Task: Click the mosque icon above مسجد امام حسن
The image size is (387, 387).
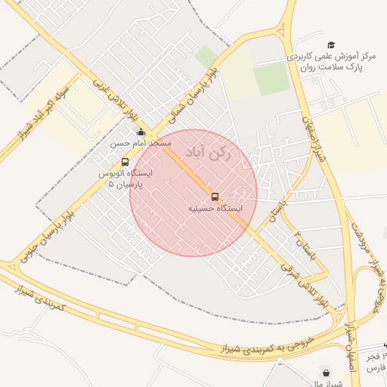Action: pyautogui.click(x=141, y=133)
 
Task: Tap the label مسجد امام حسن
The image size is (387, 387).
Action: pyautogui.click(x=141, y=143)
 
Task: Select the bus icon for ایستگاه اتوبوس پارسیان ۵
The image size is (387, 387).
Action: pyautogui.click(x=125, y=162)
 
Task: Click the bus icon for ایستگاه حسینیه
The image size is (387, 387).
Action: pyautogui.click(x=215, y=197)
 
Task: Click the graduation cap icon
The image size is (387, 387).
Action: pyautogui.click(x=330, y=46)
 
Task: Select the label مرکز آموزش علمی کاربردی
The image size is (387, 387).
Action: pyautogui.click(x=332, y=57)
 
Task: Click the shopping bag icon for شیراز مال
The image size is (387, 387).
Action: pyautogui.click(x=326, y=373)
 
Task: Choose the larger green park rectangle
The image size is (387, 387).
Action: pyautogui.click(x=271, y=79)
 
